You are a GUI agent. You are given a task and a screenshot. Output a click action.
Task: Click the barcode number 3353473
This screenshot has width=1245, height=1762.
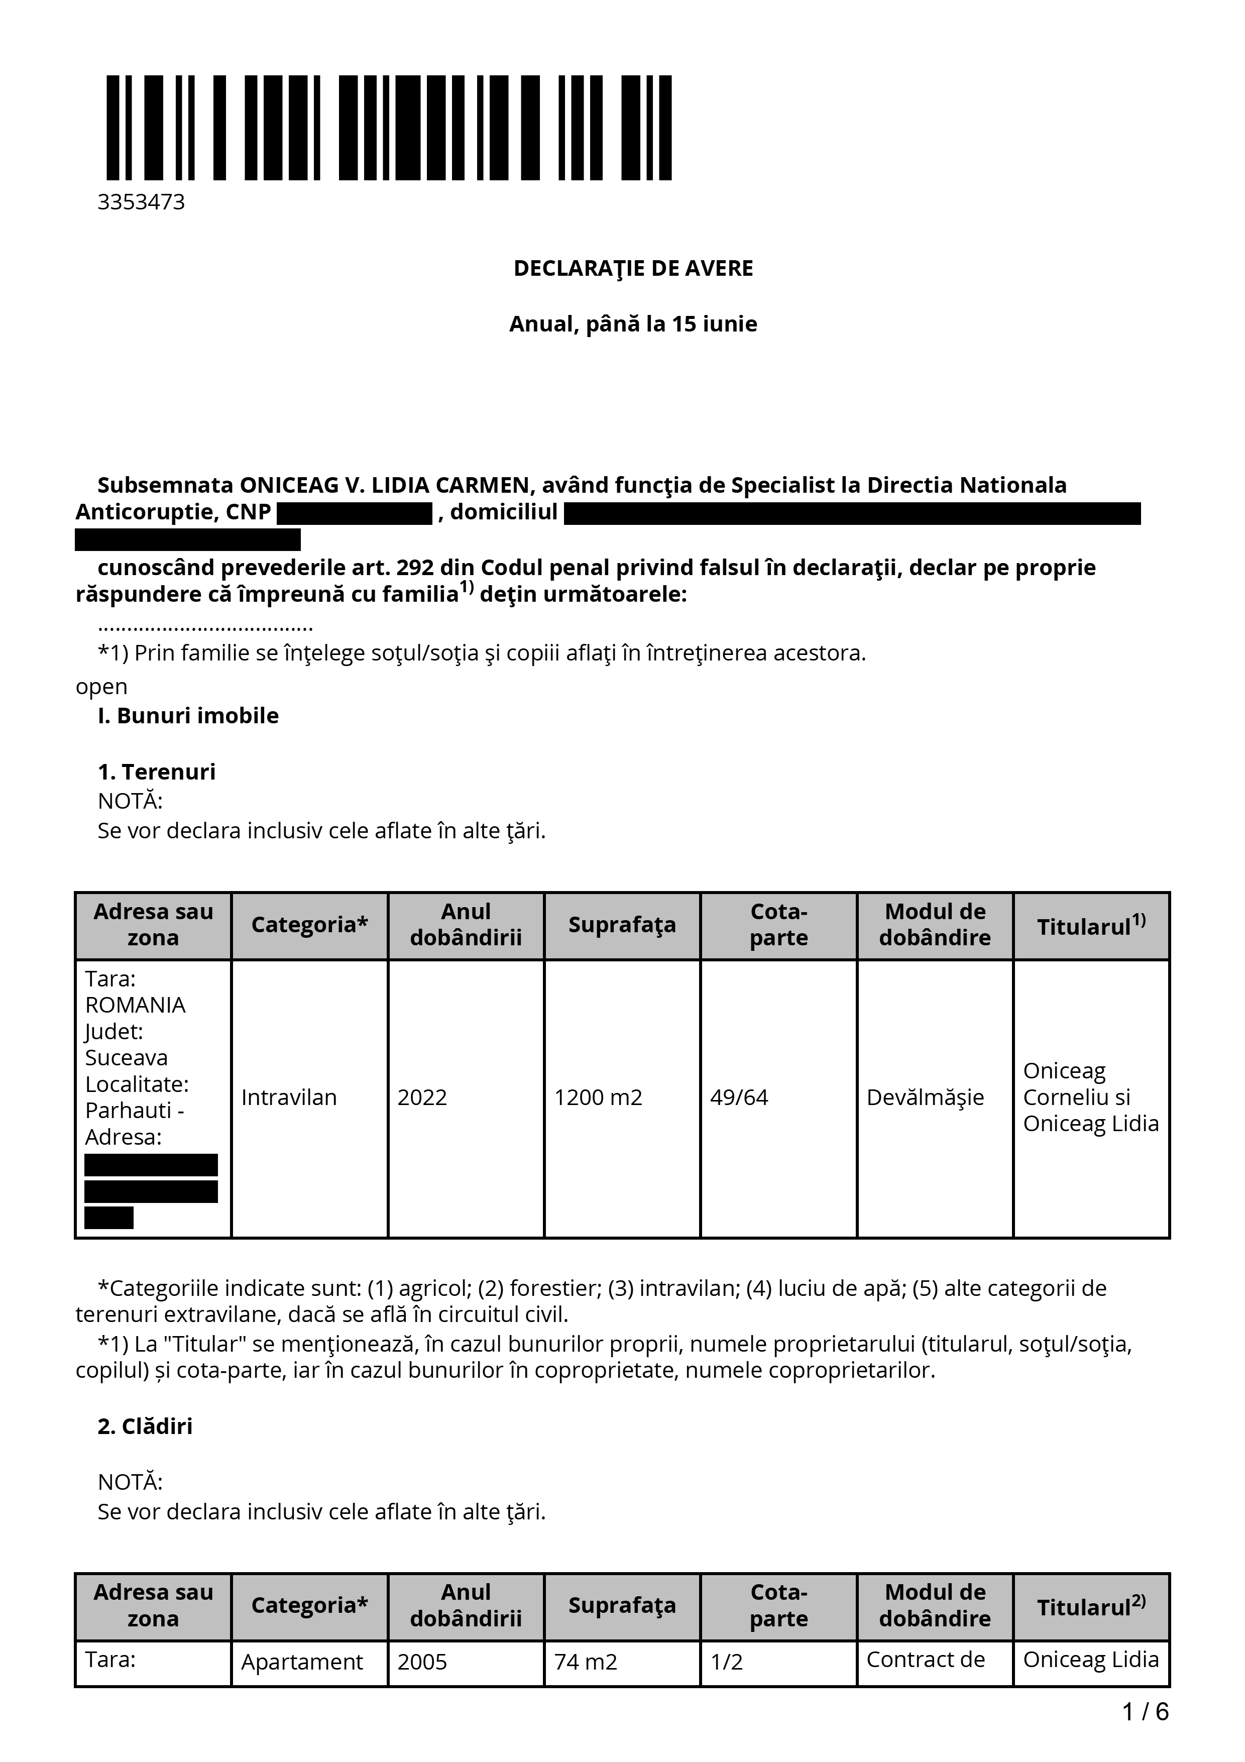(x=141, y=202)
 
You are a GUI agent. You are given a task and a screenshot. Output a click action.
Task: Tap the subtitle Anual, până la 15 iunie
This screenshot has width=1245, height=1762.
(x=633, y=324)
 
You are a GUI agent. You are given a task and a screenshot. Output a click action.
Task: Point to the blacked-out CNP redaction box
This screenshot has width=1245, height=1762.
(x=355, y=513)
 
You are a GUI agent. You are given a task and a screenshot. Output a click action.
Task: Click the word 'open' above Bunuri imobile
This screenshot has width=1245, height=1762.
(x=101, y=686)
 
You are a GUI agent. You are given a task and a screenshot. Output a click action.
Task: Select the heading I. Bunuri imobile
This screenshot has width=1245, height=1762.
(x=188, y=715)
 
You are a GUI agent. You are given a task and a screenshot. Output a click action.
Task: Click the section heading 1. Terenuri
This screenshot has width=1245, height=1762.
(x=157, y=772)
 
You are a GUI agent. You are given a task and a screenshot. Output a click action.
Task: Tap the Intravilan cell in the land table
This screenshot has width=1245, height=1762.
(x=289, y=1097)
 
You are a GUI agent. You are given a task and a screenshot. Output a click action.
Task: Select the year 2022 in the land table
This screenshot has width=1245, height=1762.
(x=422, y=1097)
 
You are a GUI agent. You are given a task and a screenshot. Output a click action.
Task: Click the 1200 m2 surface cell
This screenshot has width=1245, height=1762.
(x=598, y=1097)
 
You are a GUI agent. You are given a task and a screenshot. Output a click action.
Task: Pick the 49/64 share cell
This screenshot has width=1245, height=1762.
(x=739, y=1097)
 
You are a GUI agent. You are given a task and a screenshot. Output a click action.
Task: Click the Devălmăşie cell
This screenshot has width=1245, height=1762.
(x=925, y=1097)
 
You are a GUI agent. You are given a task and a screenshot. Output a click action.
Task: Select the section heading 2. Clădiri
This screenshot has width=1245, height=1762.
(x=145, y=1426)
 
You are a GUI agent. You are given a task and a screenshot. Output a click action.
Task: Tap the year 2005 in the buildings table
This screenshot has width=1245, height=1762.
(x=422, y=1662)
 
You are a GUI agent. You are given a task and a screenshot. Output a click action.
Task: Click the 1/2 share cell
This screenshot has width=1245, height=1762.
(x=726, y=1662)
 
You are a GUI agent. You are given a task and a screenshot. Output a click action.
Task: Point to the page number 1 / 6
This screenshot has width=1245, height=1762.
(x=1145, y=1711)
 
